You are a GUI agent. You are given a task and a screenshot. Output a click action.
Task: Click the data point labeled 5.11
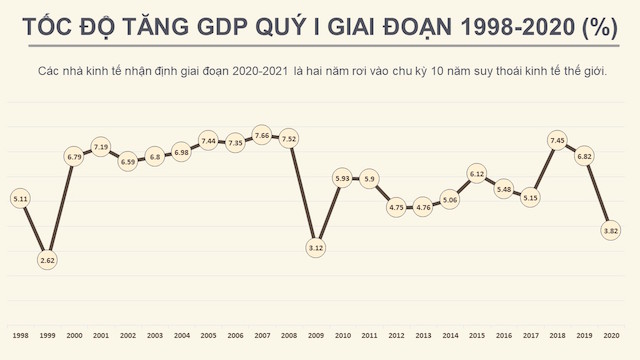tap(20, 199)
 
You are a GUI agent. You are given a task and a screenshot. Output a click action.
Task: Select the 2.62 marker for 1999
tap(47, 260)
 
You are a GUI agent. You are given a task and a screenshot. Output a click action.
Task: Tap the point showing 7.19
tap(101, 147)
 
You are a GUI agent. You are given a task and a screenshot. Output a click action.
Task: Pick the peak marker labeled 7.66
tap(263, 135)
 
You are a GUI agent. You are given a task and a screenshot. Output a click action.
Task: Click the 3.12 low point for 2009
tap(316, 247)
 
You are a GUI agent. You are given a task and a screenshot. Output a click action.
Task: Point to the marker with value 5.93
tap(343, 178)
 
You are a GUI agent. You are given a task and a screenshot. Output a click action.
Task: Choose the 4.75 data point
tap(396, 207)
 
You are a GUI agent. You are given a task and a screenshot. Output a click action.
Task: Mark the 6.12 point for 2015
tap(477, 174)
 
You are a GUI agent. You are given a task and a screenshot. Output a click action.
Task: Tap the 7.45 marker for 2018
tap(558, 140)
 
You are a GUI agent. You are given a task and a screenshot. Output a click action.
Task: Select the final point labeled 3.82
tap(612, 230)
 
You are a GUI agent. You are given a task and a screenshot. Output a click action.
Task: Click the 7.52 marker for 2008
tap(290, 139)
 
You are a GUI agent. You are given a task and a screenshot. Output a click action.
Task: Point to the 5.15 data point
tap(531, 197)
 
